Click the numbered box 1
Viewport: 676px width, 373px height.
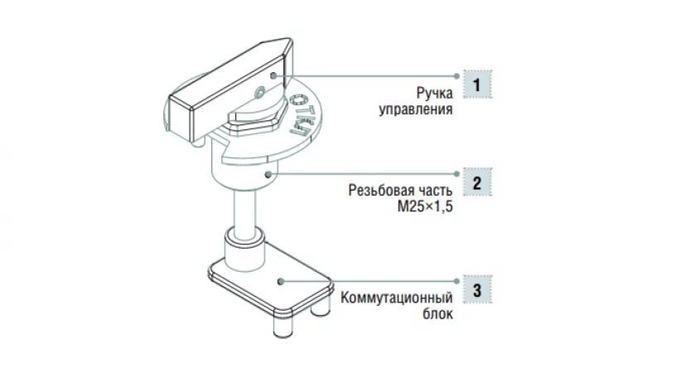[x=476, y=84]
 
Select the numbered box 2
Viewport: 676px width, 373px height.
[x=476, y=182]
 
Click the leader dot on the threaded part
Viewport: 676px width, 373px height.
[x=269, y=174]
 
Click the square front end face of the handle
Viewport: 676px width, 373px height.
[x=181, y=117]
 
